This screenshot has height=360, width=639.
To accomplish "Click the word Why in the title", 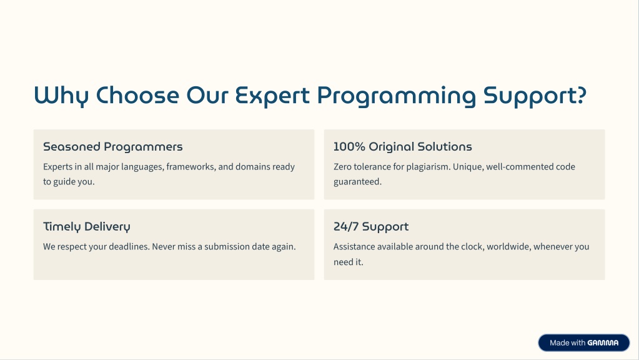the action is (61, 96).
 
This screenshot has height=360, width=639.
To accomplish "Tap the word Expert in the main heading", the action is (272, 96).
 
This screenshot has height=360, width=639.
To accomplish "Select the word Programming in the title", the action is (396, 96).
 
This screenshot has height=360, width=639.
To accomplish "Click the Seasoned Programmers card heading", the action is (113, 147).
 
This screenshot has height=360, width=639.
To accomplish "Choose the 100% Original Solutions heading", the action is (403, 147).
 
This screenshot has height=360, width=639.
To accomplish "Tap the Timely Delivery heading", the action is (87, 227).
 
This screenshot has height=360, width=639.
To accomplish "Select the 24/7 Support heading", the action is (371, 227).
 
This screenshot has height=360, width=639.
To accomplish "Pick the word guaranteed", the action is (358, 182).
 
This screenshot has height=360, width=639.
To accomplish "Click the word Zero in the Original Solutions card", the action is (342, 167).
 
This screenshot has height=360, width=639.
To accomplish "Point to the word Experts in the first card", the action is (57, 167).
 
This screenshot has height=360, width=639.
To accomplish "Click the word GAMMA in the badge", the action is (603, 343).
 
